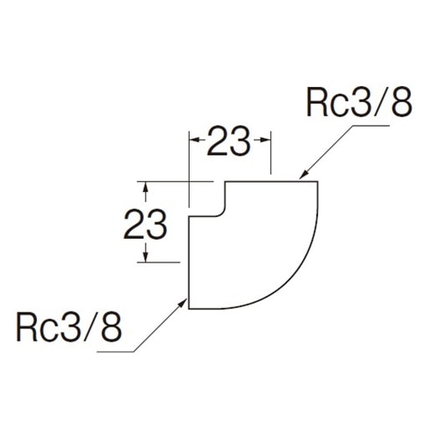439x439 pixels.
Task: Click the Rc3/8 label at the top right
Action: [359, 103]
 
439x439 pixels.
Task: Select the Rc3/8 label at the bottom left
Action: [68, 327]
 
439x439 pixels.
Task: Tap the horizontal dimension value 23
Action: [228, 140]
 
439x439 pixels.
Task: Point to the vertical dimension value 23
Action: [145, 224]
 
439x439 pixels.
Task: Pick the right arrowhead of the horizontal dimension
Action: [266, 140]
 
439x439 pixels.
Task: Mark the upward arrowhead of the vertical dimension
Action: [146, 187]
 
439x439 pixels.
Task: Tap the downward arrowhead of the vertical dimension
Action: [146, 257]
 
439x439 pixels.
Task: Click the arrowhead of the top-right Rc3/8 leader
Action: [303, 175]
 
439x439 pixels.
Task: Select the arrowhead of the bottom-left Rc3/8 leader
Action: [183, 302]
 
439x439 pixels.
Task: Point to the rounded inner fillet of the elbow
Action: [221, 212]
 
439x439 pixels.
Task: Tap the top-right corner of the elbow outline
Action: [318, 182]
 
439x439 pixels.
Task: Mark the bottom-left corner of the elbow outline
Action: [189, 308]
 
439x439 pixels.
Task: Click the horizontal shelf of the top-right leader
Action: [371, 126]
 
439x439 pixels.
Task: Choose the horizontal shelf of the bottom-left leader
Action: [115, 351]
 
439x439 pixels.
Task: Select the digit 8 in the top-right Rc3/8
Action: [402, 103]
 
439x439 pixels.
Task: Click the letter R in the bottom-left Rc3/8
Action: [26, 327]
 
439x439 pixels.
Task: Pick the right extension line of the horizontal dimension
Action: [271, 153]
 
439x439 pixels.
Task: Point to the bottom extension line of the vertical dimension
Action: [158, 263]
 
